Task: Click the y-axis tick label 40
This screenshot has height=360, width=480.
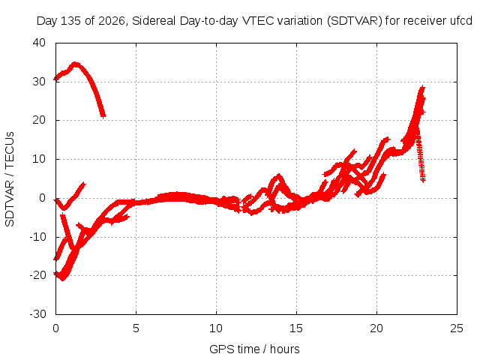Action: coord(39,43)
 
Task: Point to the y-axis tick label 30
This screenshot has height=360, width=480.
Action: coord(39,82)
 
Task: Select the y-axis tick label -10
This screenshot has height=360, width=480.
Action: coord(37,237)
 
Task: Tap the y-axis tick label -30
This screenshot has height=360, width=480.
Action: coord(37,314)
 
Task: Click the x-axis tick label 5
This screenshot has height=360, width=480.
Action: coord(136,328)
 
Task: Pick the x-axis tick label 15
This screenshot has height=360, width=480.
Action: coord(296,328)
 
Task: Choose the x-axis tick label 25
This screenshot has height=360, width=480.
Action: coord(457,328)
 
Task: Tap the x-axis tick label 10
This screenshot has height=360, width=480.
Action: coord(216,328)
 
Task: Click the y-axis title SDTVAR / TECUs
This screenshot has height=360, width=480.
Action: coord(10,179)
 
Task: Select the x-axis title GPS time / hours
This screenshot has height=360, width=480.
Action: coord(254,349)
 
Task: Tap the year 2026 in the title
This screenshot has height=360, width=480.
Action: coord(112,21)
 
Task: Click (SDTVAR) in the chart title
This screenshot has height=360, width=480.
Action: coord(355,21)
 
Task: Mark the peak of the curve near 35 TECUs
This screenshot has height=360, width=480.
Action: coord(75,64)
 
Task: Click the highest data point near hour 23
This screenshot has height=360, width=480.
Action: coord(422,88)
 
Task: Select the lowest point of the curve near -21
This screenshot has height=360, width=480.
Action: coord(62,278)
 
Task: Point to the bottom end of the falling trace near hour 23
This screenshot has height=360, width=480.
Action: coord(423,180)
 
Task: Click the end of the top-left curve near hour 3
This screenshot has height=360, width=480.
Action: coord(103,116)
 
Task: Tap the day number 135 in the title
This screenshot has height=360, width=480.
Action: coord(70,21)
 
